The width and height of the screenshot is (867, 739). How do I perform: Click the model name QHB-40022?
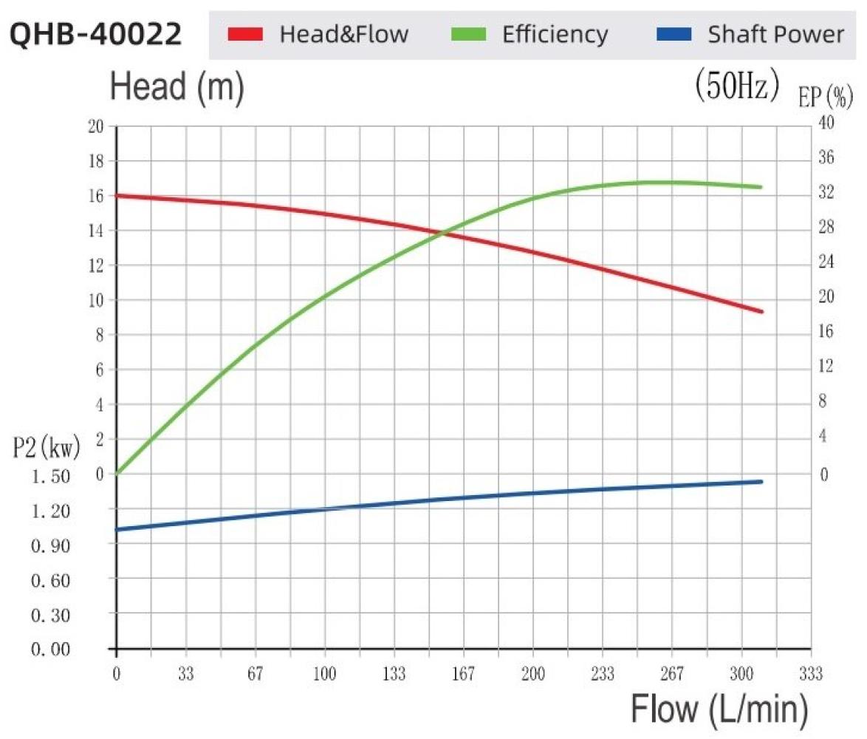(96, 34)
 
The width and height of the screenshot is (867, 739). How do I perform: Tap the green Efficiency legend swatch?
(467, 34)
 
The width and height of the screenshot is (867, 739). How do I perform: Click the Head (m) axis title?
(177, 88)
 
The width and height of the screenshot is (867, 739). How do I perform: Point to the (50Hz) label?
(737, 86)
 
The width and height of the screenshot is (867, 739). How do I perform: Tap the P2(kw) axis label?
(46, 447)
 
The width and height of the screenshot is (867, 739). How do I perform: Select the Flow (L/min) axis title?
(719, 710)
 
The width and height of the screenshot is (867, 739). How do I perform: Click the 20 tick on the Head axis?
(95, 126)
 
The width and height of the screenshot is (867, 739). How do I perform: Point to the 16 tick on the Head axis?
(95, 196)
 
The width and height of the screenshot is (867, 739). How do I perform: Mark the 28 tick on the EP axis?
(826, 227)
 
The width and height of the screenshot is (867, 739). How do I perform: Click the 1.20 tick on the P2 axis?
(52, 510)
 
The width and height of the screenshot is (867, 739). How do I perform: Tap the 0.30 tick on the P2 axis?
(52, 615)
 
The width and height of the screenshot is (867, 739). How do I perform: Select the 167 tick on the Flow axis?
(463, 674)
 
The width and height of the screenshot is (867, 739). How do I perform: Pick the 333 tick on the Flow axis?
(811, 674)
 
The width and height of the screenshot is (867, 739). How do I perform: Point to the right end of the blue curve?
(760, 482)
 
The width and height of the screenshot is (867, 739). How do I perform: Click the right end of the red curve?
(761, 311)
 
